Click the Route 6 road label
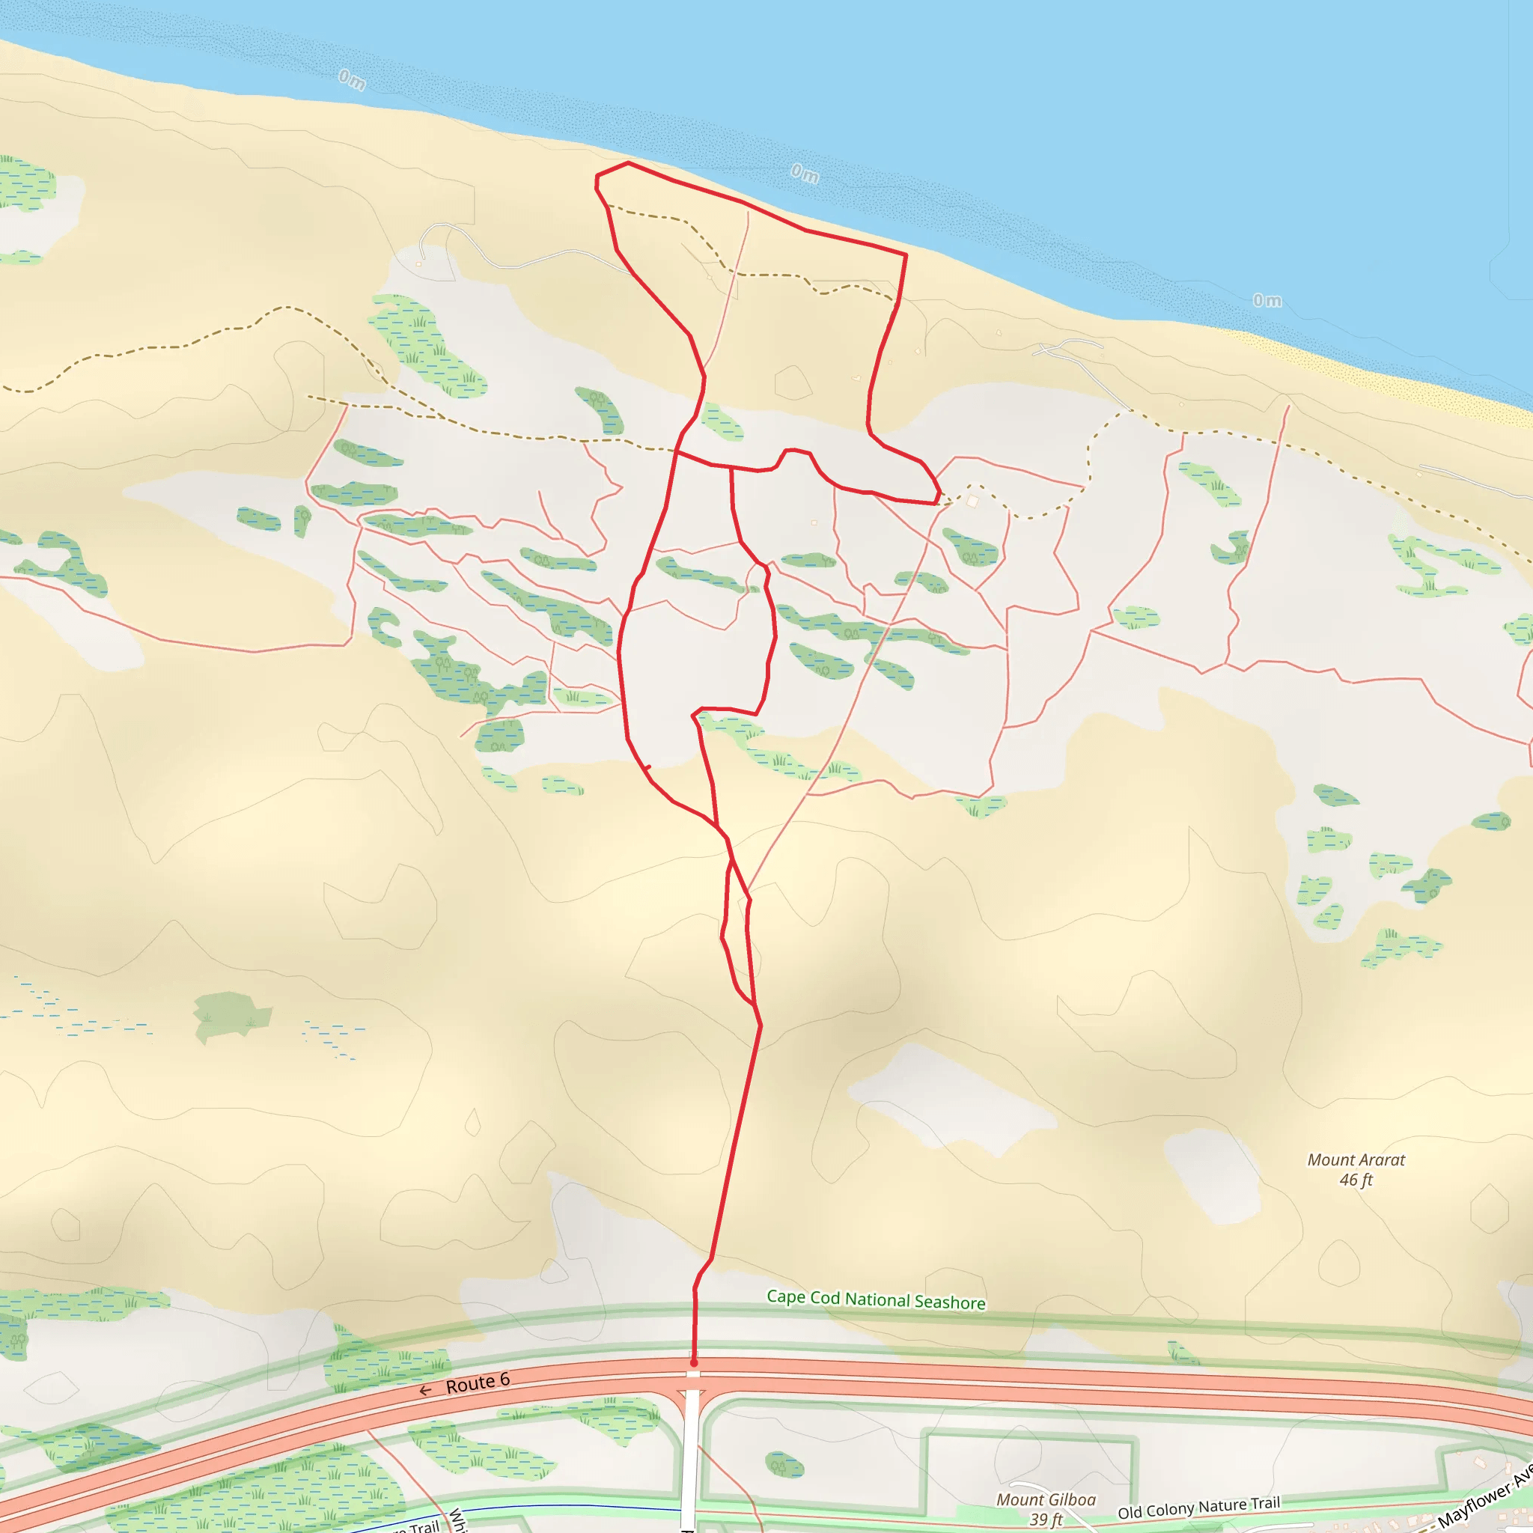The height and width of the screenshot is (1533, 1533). pyautogui.click(x=477, y=1384)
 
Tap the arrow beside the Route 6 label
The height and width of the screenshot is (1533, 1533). pyautogui.click(x=425, y=1390)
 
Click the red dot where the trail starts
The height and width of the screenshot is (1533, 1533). pyautogui.click(x=693, y=1363)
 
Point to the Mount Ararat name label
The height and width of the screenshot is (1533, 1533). pyautogui.click(x=1356, y=1160)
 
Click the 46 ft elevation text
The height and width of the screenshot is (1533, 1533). pyautogui.click(x=1356, y=1180)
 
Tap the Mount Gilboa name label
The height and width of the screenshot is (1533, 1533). pyautogui.click(x=1046, y=1499)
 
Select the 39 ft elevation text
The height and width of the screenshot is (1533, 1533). pyautogui.click(x=1046, y=1519)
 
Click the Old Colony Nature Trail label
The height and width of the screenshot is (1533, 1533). pyautogui.click(x=1198, y=1508)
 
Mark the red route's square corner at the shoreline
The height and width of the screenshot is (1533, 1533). pyautogui.click(x=906, y=255)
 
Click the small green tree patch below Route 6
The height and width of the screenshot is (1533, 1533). pyautogui.click(x=784, y=1465)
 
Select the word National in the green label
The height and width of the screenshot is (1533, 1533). pyautogui.click(x=877, y=1299)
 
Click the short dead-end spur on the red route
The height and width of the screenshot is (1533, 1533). pyautogui.click(x=647, y=767)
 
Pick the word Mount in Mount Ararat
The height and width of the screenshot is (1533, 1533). pyautogui.click(x=1330, y=1160)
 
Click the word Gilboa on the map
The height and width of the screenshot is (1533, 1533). pyautogui.click(x=1072, y=1499)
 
